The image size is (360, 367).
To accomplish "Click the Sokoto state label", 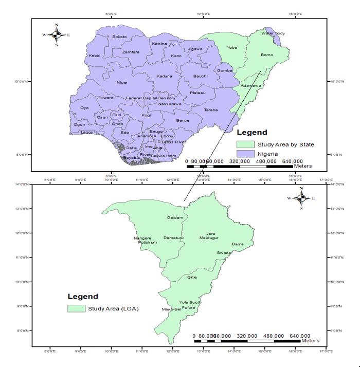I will (119, 36).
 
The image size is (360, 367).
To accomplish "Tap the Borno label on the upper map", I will (267, 54).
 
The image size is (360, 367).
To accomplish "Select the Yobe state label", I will (232, 48).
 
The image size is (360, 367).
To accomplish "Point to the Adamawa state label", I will (251, 85).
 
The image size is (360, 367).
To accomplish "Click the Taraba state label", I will (211, 110).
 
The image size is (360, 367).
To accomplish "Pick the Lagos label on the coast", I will (87, 132).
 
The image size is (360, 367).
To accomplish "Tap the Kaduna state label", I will (164, 76).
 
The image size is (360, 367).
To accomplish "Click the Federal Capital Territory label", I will (151, 98).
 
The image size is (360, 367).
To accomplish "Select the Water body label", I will (273, 33).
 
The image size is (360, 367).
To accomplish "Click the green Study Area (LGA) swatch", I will (76, 309).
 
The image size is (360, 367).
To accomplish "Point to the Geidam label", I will (175, 217).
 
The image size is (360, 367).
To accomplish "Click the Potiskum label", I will (147, 242).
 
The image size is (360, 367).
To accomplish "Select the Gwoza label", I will (224, 253).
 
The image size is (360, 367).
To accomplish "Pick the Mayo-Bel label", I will (172, 309).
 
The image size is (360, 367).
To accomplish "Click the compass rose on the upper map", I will (57, 34).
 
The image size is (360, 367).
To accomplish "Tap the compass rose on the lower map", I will (301, 198).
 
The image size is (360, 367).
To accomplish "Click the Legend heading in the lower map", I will (83, 297).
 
